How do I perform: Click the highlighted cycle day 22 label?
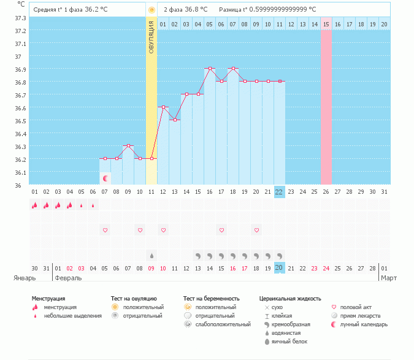click(x=279, y=192)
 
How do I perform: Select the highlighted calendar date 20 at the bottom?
click(x=279, y=268)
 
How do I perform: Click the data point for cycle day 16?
click(x=210, y=69)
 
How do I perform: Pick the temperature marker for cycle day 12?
click(x=163, y=107)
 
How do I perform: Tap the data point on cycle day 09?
click(x=128, y=146)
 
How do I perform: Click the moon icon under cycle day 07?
click(x=105, y=178)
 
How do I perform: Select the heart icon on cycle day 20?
click(x=256, y=230)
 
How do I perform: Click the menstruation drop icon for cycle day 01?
click(x=34, y=205)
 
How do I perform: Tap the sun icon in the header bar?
click(x=151, y=10)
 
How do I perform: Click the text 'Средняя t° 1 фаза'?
click(x=58, y=10)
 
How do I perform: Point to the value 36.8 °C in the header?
click(x=195, y=10)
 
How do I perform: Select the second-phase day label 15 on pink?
click(x=326, y=24)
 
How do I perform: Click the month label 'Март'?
click(x=389, y=278)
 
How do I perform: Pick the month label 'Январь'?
click(x=25, y=278)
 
